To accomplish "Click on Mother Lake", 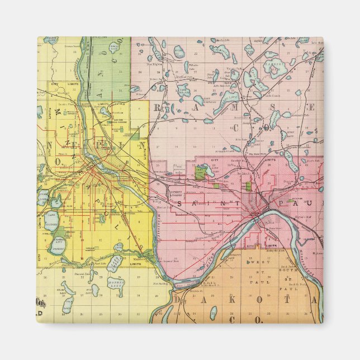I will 118,285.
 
